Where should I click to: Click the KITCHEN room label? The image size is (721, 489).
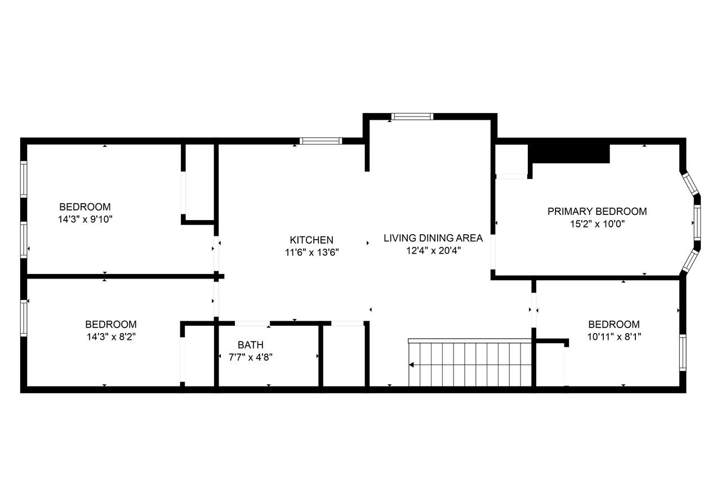click(x=311, y=240)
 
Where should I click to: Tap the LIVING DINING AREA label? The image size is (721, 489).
click(x=433, y=238)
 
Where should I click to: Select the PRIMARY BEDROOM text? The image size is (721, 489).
click(x=597, y=212)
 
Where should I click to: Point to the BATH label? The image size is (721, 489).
click(x=250, y=345)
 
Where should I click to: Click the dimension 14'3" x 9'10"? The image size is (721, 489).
click(x=86, y=219)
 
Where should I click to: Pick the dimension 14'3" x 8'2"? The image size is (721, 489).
click(x=110, y=337)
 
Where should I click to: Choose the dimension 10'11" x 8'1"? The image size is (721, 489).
click(x=614, y=337)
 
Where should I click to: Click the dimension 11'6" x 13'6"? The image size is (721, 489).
click(x=311, y=253)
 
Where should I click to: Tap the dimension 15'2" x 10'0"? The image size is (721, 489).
click(x=597, y=224)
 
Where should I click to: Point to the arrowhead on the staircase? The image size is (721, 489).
click(x=412, y=365)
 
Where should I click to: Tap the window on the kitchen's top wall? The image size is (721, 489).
click(x=321, y=141)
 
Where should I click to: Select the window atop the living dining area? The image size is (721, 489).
click(x=412, y=116)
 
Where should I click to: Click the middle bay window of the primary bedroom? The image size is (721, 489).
click(x=697, y=223)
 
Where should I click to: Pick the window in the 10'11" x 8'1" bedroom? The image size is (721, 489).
click(x=683, y=352)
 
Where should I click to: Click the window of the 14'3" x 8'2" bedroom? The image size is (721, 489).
click(x=24, y=318)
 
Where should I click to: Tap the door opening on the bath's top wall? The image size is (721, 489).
click(x=252, y=324)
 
